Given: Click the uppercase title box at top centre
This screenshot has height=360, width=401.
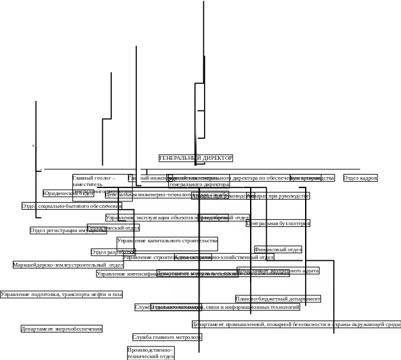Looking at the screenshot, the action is pos(196,158).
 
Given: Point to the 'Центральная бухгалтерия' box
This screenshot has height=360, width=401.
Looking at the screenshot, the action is pos(278,224).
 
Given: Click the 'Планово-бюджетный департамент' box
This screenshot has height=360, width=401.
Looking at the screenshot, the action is pos(278,299).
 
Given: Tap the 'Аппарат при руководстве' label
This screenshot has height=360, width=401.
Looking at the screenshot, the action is pos(278,196).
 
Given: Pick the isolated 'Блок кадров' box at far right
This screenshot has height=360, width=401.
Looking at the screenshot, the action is pos(360,178).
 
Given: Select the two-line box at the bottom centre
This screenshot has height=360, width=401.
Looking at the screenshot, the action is pos(151,354).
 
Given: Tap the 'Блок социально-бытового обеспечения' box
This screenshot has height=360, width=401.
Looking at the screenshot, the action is pos(72,206).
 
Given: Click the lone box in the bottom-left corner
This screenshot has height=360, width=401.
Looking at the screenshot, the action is pos(61,329).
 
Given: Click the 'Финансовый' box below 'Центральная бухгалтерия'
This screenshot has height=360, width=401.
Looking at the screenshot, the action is pos(278,250).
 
